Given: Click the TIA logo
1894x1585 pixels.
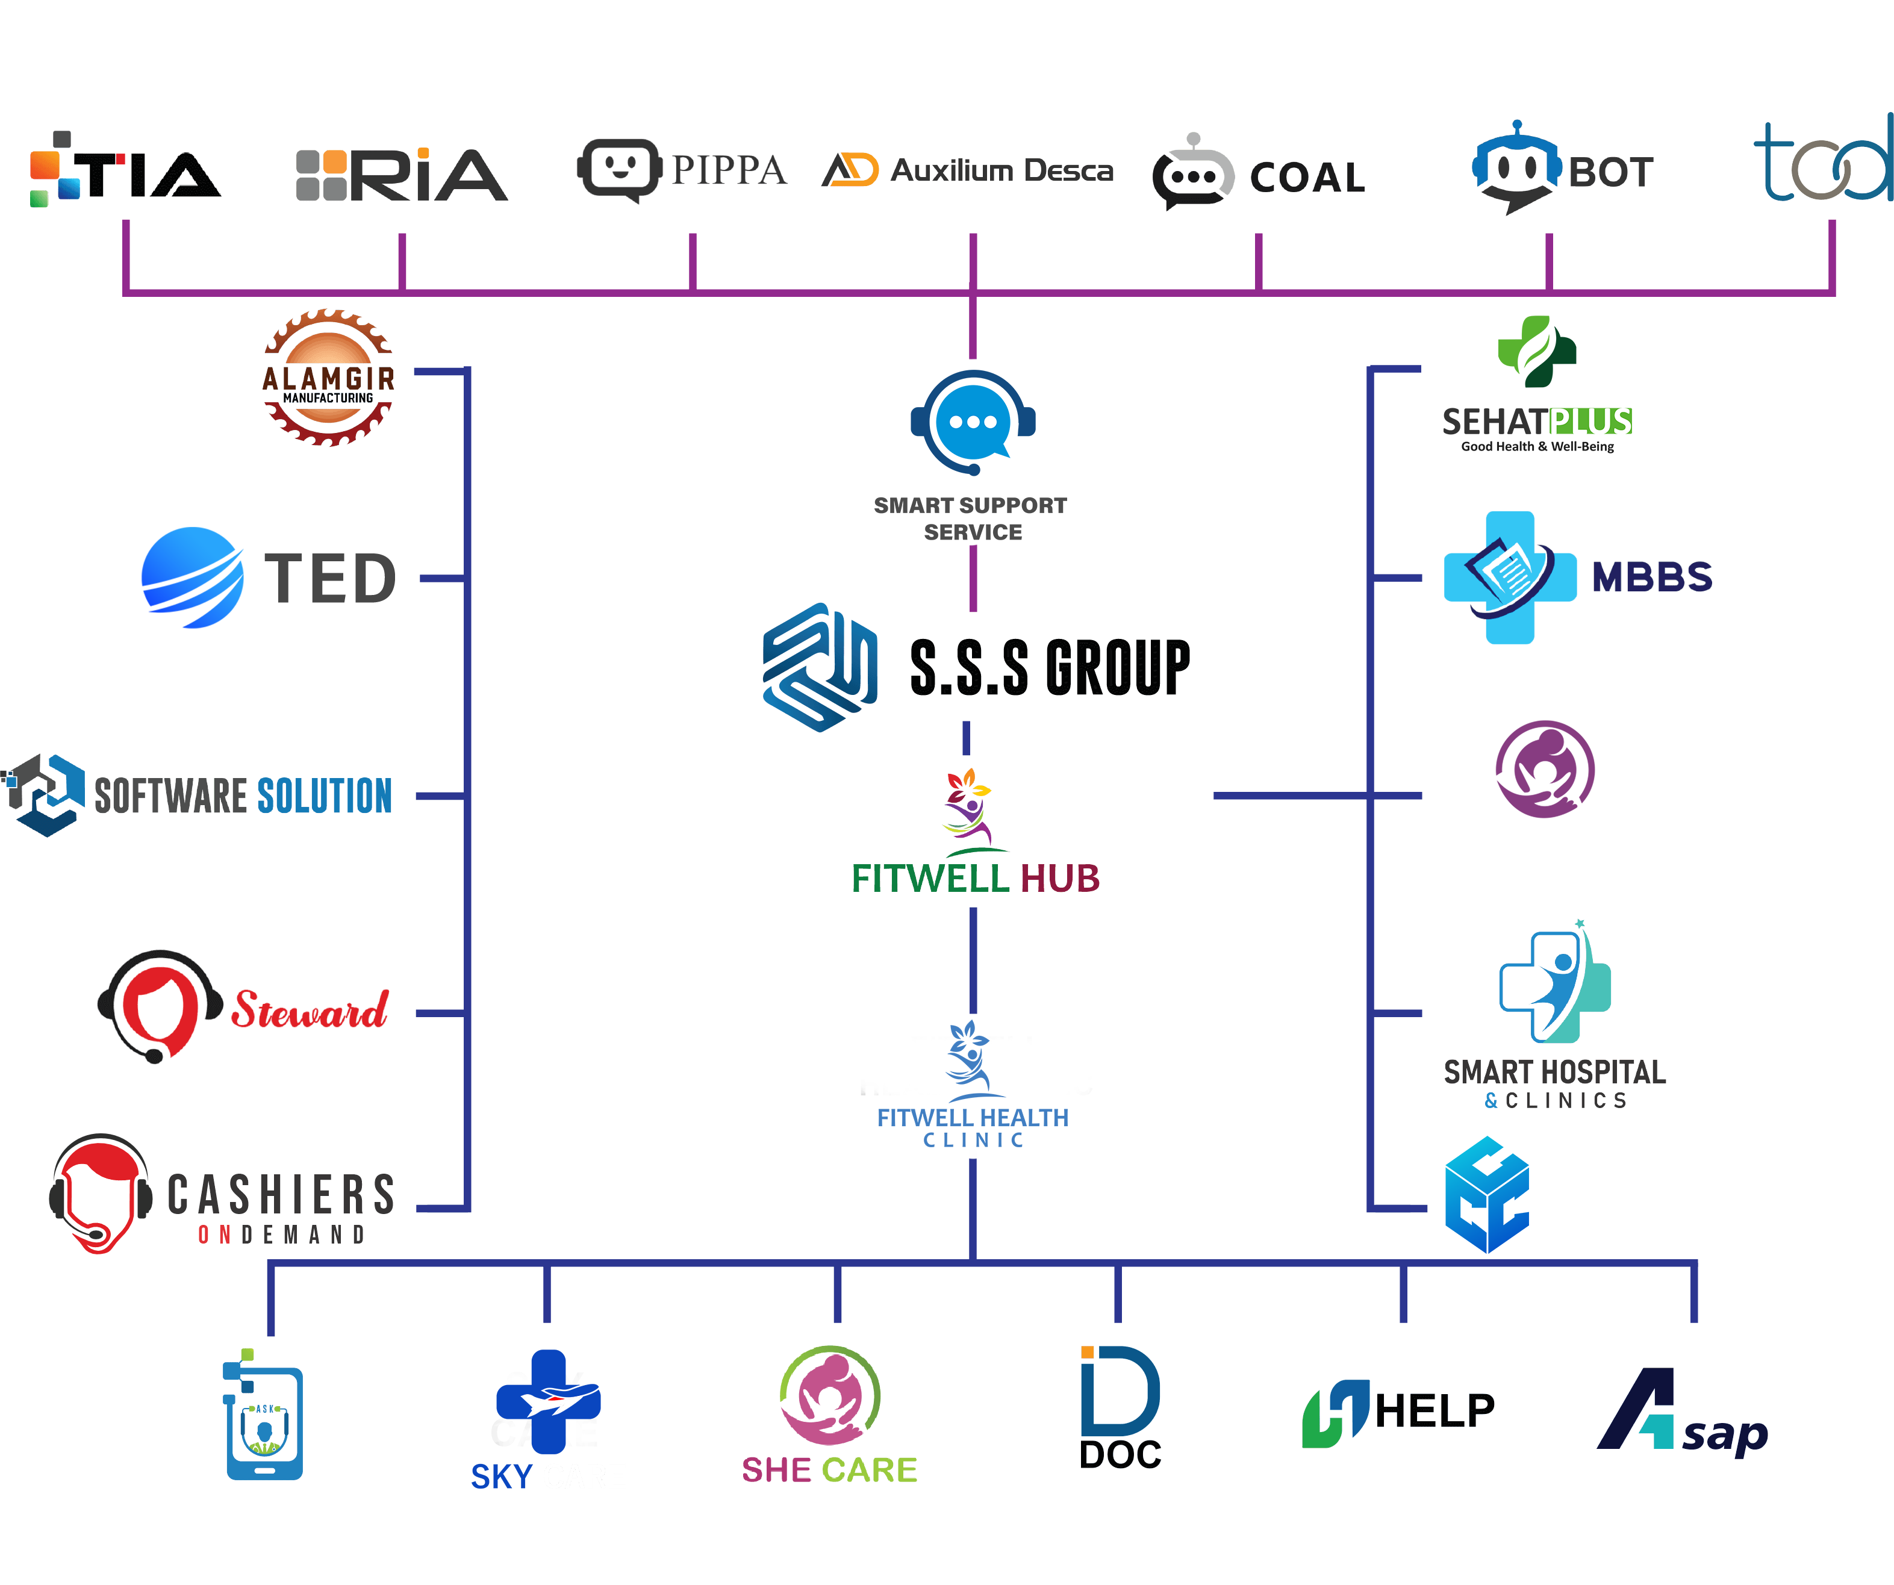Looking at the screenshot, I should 126,172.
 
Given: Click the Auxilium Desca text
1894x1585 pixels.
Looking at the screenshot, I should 1001,170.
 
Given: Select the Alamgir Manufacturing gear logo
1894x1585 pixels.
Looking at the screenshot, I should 328,378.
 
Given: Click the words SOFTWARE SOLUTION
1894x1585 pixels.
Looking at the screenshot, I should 243,796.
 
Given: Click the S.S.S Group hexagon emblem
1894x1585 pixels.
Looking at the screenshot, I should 820,668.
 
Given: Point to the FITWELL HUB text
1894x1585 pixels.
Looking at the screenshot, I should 975,879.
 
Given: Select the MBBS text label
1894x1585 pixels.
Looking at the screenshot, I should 1651,578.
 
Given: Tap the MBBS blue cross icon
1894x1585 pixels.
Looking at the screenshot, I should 1509,578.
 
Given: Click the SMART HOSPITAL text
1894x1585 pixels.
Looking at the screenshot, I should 1554,1072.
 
